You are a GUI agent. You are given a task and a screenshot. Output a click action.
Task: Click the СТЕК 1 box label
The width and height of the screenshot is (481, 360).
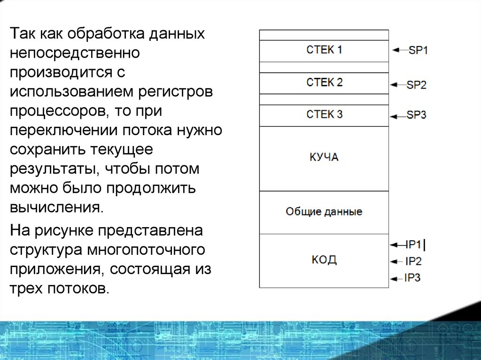[324, 50]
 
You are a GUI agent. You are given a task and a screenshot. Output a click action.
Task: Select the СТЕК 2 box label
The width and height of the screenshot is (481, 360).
[324, 83]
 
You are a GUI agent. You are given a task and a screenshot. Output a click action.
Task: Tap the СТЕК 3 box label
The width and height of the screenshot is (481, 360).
[324, 115]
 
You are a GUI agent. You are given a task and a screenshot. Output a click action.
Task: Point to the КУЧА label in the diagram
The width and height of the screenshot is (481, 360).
[324, 157]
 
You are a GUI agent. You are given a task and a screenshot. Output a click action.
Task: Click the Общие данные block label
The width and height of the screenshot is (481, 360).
[324, 212]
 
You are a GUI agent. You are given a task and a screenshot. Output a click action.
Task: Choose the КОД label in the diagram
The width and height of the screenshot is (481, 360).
[324, 260]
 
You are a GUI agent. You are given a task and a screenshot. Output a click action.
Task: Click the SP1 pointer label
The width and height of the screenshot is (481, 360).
[418, 50]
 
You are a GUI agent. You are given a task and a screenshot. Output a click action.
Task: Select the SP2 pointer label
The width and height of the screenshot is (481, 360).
[416, 85]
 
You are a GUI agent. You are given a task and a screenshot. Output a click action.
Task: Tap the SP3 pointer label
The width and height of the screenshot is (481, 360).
[416, 115]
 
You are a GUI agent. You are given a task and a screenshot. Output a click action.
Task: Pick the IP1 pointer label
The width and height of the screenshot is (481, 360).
[414, 245]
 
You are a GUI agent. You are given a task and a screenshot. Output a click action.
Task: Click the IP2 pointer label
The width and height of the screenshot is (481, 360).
[413, 262]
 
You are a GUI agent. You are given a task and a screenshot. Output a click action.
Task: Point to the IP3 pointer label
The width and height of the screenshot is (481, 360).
[412, 278]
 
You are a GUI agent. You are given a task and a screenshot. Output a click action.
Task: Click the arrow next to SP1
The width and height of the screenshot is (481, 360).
[399, 50]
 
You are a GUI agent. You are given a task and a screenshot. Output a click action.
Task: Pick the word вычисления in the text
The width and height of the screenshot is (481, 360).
[56, 207]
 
